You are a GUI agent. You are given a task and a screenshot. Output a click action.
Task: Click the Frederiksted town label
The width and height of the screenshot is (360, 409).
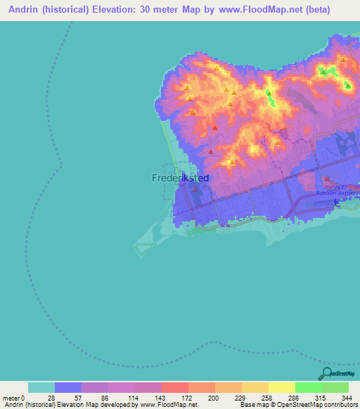[180, 178]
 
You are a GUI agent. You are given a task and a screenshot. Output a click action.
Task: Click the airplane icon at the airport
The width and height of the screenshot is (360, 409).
[336, 202]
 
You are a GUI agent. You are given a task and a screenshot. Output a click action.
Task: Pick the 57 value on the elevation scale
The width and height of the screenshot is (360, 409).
[82, 398]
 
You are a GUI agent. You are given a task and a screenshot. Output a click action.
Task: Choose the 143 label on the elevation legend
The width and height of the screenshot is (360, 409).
[162, 398]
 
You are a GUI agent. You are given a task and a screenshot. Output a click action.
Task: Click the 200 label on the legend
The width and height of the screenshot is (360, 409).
[216, 398]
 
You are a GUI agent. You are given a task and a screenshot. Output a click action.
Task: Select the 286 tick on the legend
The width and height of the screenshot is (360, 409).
[295, 398]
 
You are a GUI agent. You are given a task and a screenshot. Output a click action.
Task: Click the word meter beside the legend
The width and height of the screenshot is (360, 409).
[11, 398]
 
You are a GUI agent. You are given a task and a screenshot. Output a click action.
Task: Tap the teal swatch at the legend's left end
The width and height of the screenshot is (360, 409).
[41, 387]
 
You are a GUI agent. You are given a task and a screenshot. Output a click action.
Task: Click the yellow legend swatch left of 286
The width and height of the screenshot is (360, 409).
[282, 387]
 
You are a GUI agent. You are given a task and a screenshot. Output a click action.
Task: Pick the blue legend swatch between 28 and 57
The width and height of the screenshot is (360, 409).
[68, 387]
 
